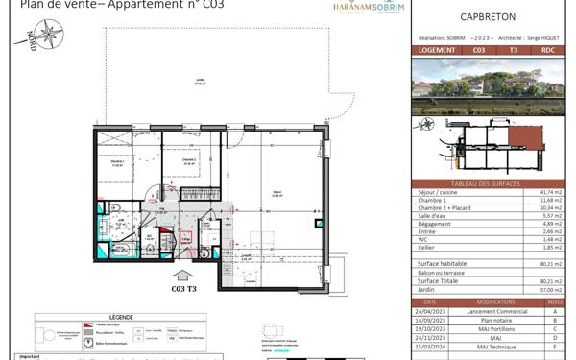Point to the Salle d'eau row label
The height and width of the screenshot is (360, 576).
coord(432,216)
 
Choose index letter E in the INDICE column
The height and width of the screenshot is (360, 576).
coord(555,344)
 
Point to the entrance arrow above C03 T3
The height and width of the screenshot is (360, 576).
coord(183,270)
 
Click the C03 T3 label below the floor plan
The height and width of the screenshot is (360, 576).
coord(183,287)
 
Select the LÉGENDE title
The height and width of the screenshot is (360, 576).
coord(122,315)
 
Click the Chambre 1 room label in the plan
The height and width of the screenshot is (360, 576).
coord(117,162)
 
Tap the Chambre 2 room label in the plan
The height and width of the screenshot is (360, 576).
coord(189,160)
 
